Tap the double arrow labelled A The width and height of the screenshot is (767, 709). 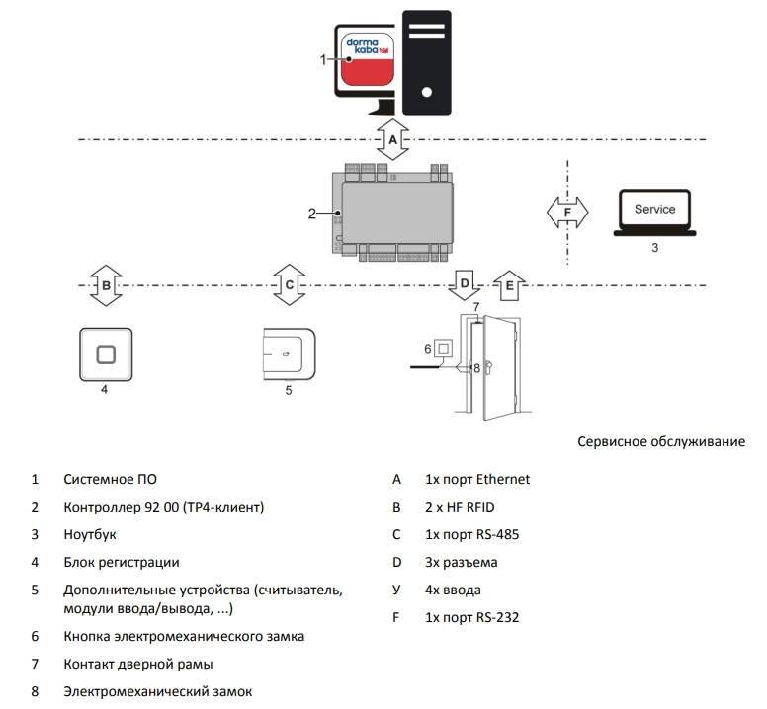pos(393,140)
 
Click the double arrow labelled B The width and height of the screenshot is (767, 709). pos(106,285)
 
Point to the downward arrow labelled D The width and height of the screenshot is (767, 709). pos(465,284)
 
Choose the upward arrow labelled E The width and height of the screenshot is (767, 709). pos(509,285)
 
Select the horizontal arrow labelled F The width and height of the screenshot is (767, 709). pos(567,211)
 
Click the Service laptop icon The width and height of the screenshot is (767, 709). pos(654,213)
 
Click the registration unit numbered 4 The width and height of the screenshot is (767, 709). pos(104,354)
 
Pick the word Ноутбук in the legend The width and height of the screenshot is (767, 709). pos(90,534)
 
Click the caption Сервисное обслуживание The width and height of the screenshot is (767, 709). pos(661,441)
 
